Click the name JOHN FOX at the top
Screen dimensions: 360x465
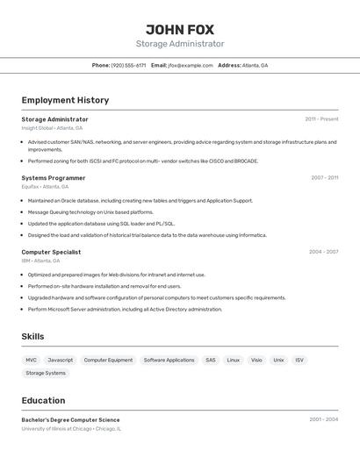click(180, 29)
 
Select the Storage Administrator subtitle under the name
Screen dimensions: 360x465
click(180, 44)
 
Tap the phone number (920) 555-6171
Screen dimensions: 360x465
click(128, 65)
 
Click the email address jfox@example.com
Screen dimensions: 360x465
click(191, 65)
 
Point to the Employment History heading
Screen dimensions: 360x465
click(65, 100)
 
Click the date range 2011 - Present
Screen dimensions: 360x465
click(321, 118)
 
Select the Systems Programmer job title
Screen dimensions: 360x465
click(54, 177)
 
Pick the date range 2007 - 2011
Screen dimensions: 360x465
click(324, 177)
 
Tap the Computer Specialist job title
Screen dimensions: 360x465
click(51, 252)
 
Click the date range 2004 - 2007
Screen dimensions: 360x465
click(323, 252)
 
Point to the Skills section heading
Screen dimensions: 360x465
click(32, 336)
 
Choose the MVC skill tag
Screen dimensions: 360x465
click(32, 360)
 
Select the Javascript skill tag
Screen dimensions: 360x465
click(61, 360)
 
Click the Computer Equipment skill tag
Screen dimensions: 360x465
click(108, 360)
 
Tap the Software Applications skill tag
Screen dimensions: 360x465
click(169, 360)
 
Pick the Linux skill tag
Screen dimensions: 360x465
click(233, 360)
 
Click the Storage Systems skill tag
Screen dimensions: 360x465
click(46, 373)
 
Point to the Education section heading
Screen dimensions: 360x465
click(43, 400)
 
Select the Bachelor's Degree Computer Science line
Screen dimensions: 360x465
click(70, 419)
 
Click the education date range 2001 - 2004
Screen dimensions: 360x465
click(323, 419)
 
